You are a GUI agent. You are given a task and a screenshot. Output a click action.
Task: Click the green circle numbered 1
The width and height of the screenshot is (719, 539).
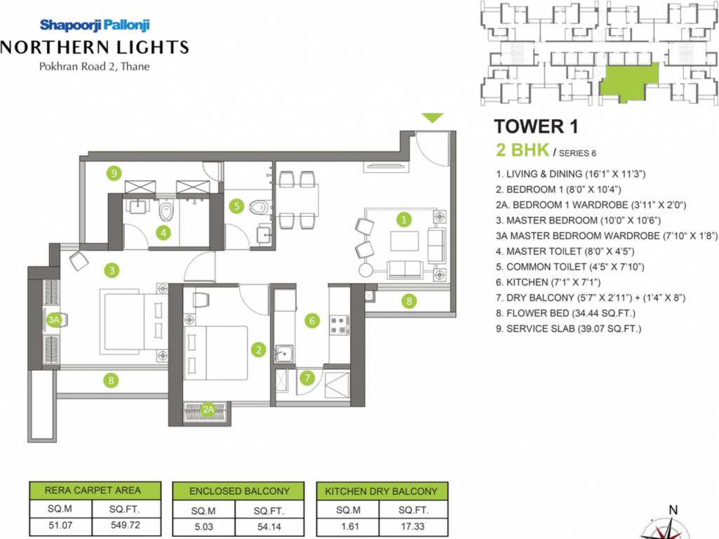tap(404, 219)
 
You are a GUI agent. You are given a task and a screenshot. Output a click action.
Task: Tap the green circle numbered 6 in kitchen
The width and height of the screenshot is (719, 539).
tap(313, 321)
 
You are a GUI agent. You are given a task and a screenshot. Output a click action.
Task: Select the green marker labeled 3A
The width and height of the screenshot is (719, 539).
tap(54, 319)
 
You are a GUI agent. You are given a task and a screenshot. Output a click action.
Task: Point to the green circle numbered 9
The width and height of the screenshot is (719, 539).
tap(112, 173)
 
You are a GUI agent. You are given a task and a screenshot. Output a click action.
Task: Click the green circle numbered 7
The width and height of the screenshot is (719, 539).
tap(307, 378)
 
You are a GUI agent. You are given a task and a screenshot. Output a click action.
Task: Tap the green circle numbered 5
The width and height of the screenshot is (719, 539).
tap(237, 206)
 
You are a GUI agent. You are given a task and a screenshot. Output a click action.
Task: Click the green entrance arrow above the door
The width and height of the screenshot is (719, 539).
tap(433, 118)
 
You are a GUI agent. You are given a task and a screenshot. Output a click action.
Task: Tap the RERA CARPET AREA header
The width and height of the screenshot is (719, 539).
tap(93, 491)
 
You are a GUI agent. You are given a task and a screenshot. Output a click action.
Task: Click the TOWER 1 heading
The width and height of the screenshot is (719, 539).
tap(539, 126)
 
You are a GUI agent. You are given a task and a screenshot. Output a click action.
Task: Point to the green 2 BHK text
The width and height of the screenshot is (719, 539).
tap(522, 149)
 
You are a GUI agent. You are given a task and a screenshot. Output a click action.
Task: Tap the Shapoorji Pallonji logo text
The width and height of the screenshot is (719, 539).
tap(95, 25)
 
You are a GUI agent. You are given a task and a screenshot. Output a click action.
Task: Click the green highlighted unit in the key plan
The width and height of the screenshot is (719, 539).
tap(631, 81)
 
